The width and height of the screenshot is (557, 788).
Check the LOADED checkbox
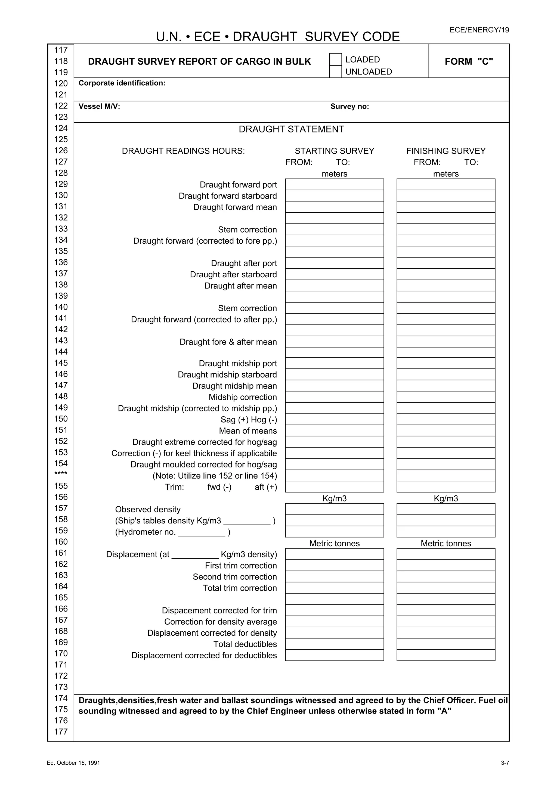[x=335, y=59]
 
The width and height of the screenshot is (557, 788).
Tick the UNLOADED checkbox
[x=335, y=72]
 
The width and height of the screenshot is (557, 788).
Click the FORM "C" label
[x=469, y=61]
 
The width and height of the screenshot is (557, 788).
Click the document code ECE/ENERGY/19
[x=479, y=30]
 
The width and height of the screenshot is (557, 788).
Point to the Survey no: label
[x=349, y=106]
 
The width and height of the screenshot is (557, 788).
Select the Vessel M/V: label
[x=99, y=106]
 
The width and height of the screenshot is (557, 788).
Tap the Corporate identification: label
[x=122, y=83]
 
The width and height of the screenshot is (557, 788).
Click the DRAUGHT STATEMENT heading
[x=291, y=129]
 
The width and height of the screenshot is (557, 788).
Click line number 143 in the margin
[x=61, y=340]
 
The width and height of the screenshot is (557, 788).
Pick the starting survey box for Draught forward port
[x=334, y=184]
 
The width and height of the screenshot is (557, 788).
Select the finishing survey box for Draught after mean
[x=445, y=286]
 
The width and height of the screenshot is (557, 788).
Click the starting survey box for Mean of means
[x=334, y=430]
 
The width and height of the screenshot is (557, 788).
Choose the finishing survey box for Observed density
[x=445, y=509]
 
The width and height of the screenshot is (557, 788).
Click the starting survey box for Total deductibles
[x=334, y=644]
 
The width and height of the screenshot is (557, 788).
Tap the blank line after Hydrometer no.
[x=202, y=532]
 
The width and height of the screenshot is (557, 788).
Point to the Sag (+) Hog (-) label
[x=249, y=419]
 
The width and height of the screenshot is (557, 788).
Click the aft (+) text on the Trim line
[x=266, y=487]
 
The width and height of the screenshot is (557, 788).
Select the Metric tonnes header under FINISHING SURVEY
[x=445, y=543]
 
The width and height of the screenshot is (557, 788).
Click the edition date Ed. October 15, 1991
[x=73, y=763]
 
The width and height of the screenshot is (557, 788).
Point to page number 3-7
[x=505, y=763]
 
